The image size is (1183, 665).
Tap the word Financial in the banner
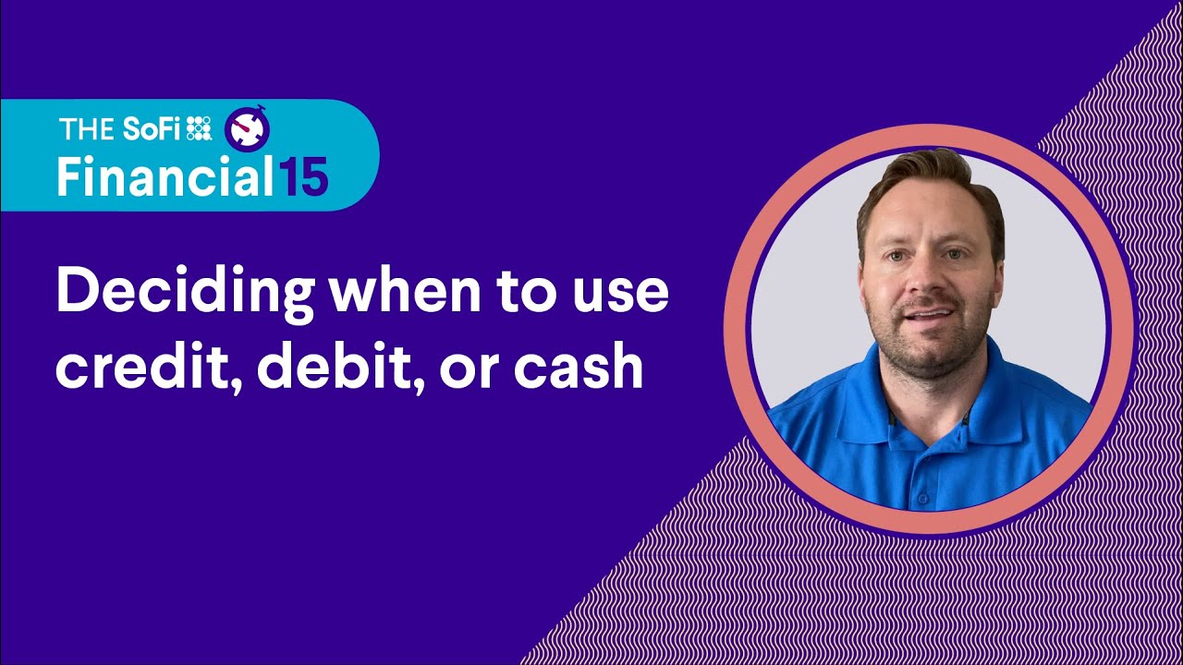pos(162,175)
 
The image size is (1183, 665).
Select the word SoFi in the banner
pos(152,129)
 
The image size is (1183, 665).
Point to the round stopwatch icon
pos(247,129)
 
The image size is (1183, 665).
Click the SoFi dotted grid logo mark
pos(199,129)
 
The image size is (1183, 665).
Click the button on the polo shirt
pos(921,498)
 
